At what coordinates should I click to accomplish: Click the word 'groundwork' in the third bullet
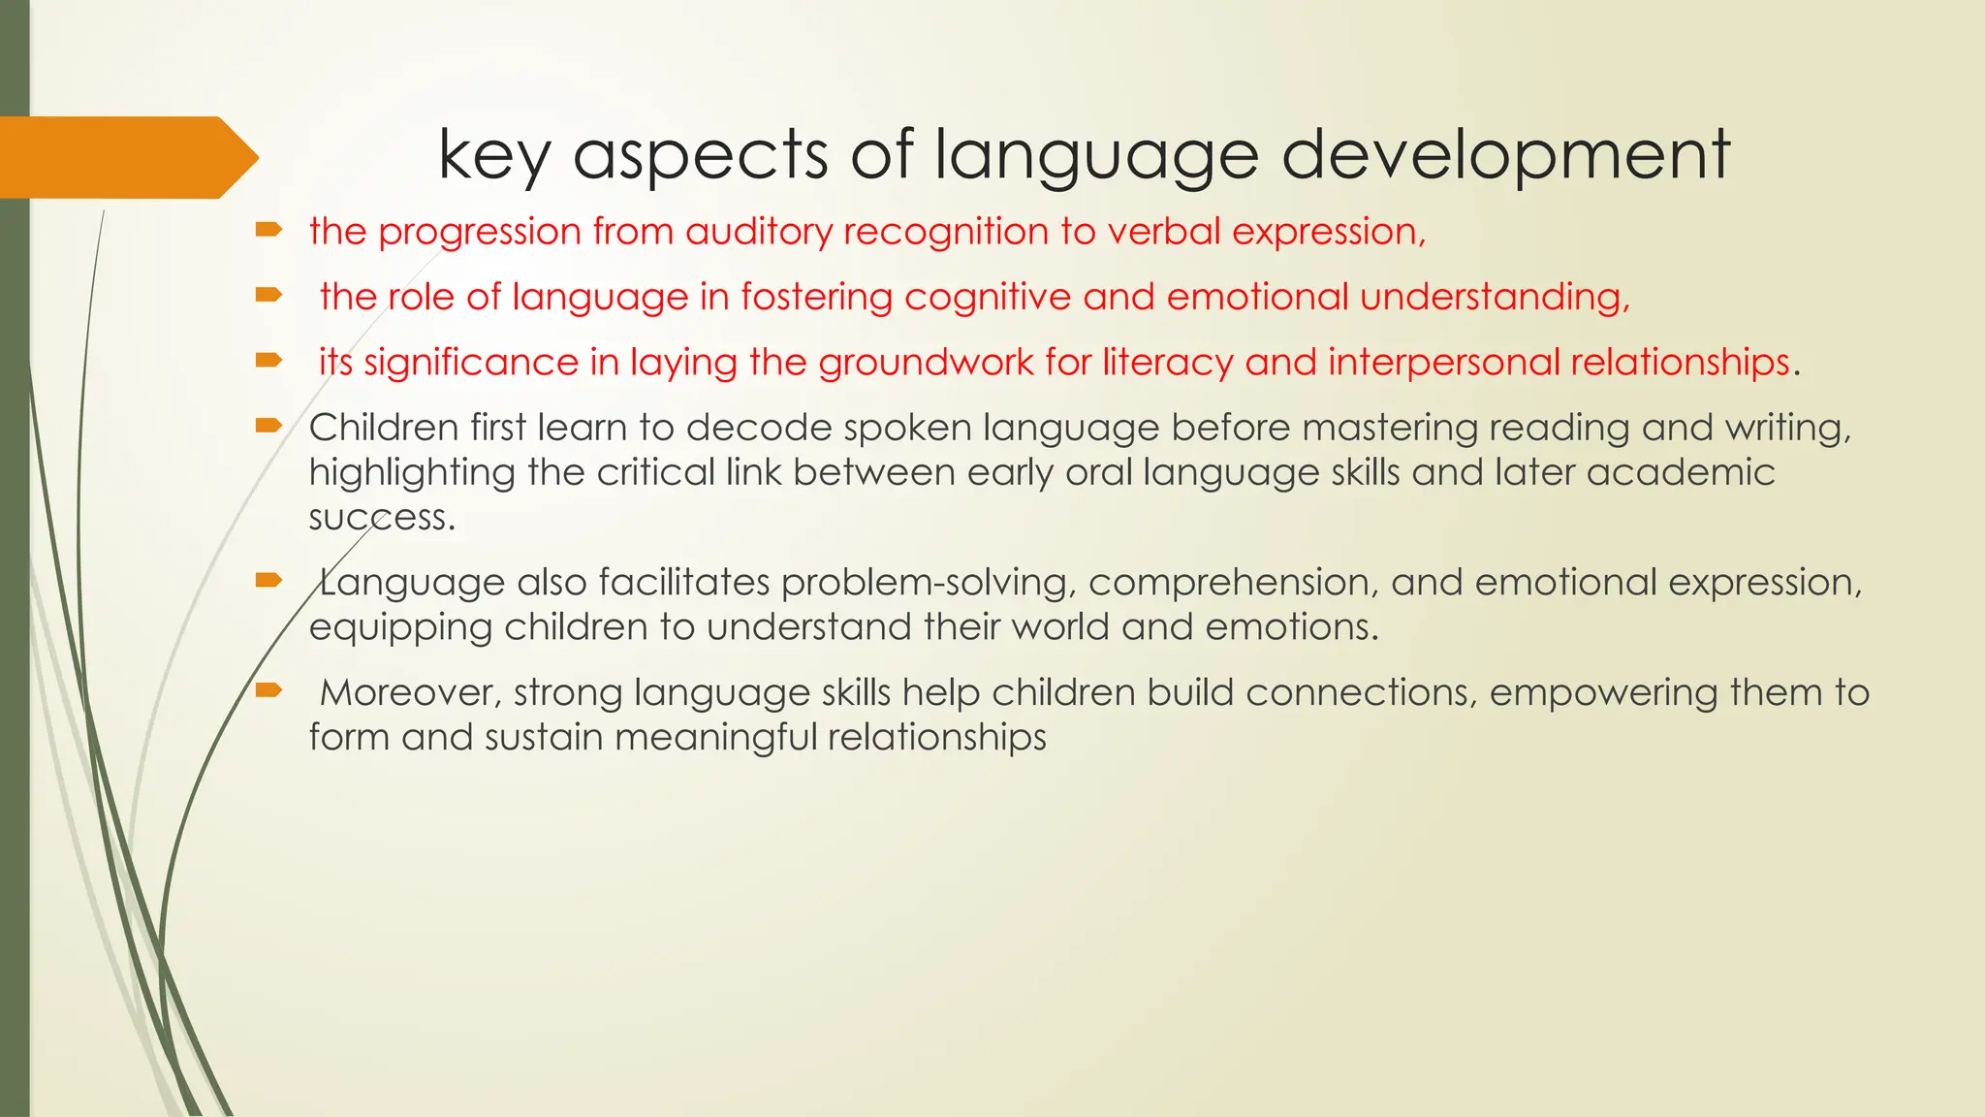coord(926,363)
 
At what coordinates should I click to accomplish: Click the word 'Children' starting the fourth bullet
coord(383,428)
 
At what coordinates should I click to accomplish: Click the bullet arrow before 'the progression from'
coord(268,230)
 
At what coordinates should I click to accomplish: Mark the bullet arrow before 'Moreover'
coord(268,690)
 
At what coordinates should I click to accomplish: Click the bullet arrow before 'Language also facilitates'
coord(268,581)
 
